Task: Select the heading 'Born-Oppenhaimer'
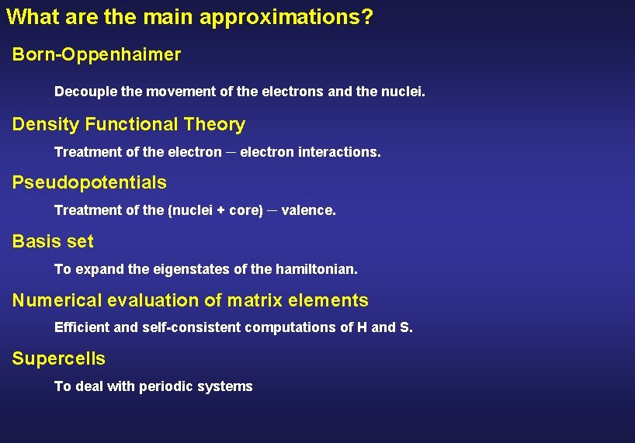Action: pyautogui.click(x=96, y=55)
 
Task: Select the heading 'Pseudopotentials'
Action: pyautogui.click(x=89, y=183)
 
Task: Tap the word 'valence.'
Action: pyautogui.click(x=308, y=210)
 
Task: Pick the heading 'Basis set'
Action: pyautogui.click(x=53, y=242)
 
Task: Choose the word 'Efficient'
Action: pyautogui.click(x=82, y=327)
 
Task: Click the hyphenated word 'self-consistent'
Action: pyautogui.click(x=192, y=327)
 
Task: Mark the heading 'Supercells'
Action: pyautogui.click(x=59, y=359)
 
